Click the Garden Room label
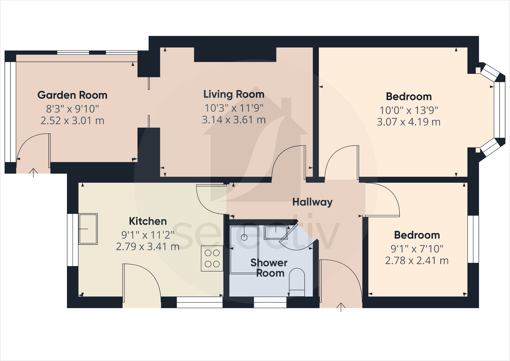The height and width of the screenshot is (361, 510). click(72, 95)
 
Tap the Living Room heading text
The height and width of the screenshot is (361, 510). click(234, 94)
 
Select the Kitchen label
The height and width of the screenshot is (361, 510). click(148, 221)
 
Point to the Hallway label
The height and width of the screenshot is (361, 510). click(312, 202)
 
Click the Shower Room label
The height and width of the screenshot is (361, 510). click(269, 268)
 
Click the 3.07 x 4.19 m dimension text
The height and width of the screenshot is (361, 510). click(409, 122)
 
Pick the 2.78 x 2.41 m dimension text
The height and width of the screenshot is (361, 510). click(417, 261)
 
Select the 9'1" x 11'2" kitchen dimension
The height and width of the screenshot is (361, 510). click(148, 235)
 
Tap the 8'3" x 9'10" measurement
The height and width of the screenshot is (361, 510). click(72, 109)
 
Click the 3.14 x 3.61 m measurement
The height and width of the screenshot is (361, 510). click(234, 120)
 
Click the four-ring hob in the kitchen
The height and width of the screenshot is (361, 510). click(212, 259)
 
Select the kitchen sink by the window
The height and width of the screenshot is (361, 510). click(88, 229)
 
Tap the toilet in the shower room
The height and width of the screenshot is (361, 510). click(297, 282)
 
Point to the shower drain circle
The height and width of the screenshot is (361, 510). click(244, 237)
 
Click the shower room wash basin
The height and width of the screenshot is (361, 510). click(275, 232)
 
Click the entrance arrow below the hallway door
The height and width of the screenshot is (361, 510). click(341, 307)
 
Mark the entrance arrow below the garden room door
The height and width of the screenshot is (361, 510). click(33, 173)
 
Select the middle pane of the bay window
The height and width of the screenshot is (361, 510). click(500, 110)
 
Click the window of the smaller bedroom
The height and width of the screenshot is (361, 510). click(473, 239)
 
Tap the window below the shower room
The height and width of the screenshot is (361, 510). click(270, 302)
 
